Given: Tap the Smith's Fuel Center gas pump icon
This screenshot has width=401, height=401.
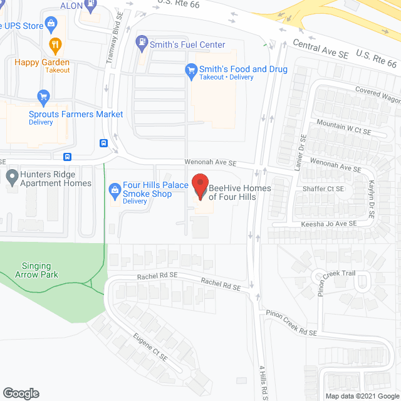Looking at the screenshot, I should (x=142, y=43).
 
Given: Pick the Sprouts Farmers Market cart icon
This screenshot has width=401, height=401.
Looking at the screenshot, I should (x=43, y=97).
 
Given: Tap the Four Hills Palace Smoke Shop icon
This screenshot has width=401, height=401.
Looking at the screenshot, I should (x=115, y=189).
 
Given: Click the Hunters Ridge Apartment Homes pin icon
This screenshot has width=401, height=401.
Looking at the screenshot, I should (x=11, y=177).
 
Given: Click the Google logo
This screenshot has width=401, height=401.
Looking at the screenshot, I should (x=20, y=393).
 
